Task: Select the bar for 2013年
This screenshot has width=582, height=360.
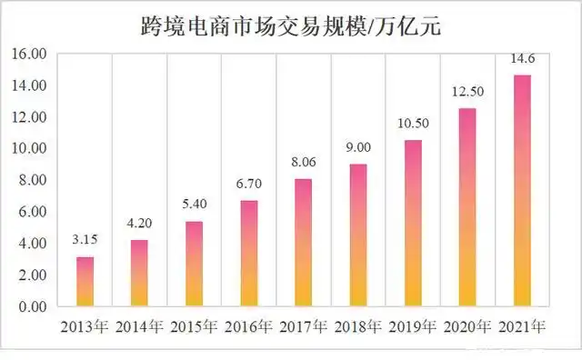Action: coord(85,282)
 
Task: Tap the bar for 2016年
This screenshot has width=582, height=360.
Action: coord(249,254)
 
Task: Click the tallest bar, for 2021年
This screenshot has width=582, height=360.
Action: coord(523,191)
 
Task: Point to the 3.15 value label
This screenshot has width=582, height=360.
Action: coord(85,241)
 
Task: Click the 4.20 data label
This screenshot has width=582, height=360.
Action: coord(139,224)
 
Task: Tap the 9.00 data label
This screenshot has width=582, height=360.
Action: coord(358,148)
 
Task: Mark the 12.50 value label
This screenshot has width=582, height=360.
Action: coord(468,93)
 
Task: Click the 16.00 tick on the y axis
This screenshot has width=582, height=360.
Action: coord(30,54)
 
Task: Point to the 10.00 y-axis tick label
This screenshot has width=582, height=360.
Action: coord(30,148)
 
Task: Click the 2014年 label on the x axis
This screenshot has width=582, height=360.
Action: coord(139,327)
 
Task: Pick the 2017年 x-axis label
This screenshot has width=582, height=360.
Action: coord(304,327)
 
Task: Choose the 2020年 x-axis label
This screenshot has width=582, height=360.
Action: coord(468,327)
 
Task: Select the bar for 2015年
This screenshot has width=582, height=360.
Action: coord(195,264)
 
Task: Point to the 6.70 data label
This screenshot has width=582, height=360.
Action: coord(249,185)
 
